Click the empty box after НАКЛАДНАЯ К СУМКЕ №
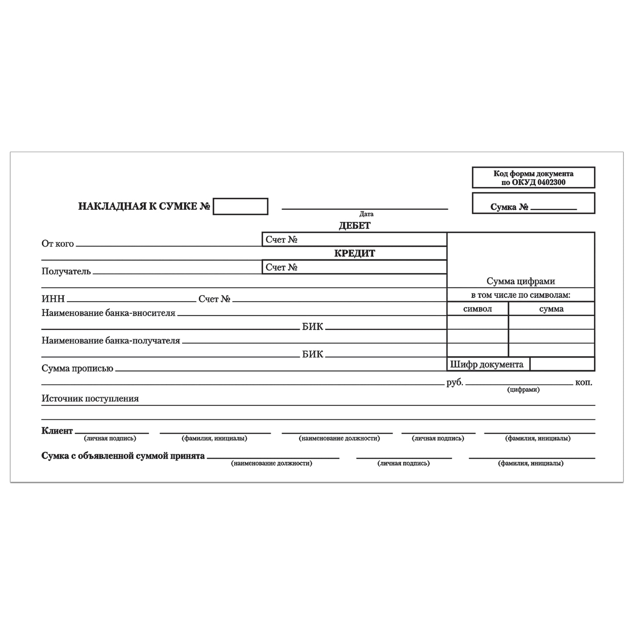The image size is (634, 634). pos(240,206)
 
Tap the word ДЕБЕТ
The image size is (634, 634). pos(355,226)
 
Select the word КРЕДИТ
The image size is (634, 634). pos(355,253)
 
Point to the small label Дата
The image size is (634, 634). pos(366,214)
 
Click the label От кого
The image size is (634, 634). pos(57,243)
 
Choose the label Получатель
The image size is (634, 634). pos(66,271)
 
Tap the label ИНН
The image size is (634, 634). pos(53,299)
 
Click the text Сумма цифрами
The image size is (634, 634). pos(521,281)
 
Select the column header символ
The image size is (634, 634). pos(478,309)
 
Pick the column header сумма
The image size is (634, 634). pos(551,309)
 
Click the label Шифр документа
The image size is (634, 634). pos(486,364)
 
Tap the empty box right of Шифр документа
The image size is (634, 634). pos(562,364)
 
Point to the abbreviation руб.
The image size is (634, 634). pos(455,383)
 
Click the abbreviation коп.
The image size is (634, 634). pos(584,383)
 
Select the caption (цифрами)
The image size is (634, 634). pos(523,390)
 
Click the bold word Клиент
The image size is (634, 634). pos(57,431)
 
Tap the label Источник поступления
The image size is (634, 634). pos(90,399)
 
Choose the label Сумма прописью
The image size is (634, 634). pos(77,369)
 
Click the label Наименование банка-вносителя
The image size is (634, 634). pos(108,313)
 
